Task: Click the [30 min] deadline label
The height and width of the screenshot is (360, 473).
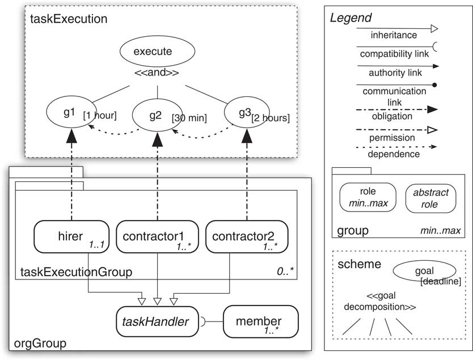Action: click(189, 118)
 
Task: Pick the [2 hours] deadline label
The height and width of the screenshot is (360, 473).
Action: click(271, 118)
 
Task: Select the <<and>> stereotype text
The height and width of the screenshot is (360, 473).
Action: click(157, 74)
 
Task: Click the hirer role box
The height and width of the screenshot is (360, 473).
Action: click(71, 236)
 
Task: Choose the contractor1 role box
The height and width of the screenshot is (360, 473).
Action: click(153, 236)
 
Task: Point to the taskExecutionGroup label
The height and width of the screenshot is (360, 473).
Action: click(76, 272)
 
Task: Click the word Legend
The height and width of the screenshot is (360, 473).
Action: click(350, 18)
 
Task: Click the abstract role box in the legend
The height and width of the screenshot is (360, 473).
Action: click(430, 198)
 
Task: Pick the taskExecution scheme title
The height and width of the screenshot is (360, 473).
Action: click(69, 19)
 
